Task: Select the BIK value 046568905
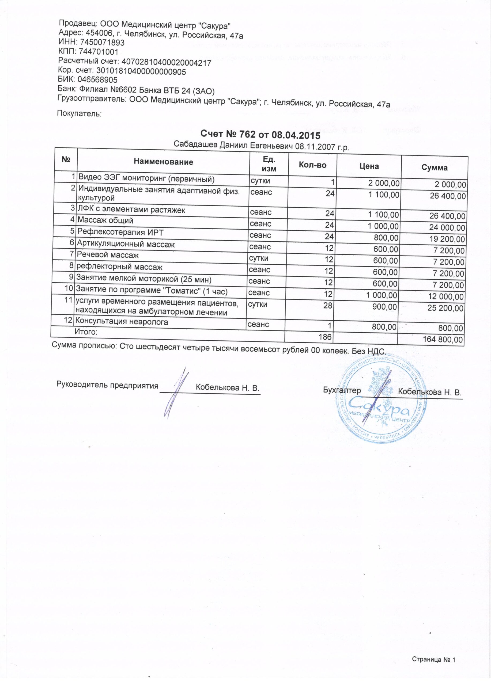point(98,80)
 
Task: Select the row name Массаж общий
point(105,220)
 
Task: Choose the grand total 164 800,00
point(444,340)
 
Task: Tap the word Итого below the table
point(86,332)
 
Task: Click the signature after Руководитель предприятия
point(175,393)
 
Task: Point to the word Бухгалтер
point(342,390)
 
